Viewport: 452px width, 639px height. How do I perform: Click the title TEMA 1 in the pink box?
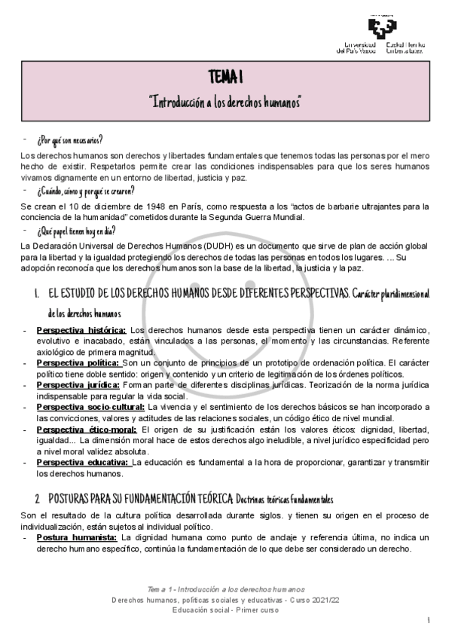(225, 78)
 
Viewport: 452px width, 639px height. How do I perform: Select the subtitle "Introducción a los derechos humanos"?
(225, 101)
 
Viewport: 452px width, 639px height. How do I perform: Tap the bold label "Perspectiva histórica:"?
(81, 330)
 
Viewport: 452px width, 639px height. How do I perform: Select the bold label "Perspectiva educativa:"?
(83, 461)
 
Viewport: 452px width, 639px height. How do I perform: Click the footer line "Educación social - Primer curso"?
(226, 609)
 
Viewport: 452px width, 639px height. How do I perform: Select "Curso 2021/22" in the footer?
(316, 598)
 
